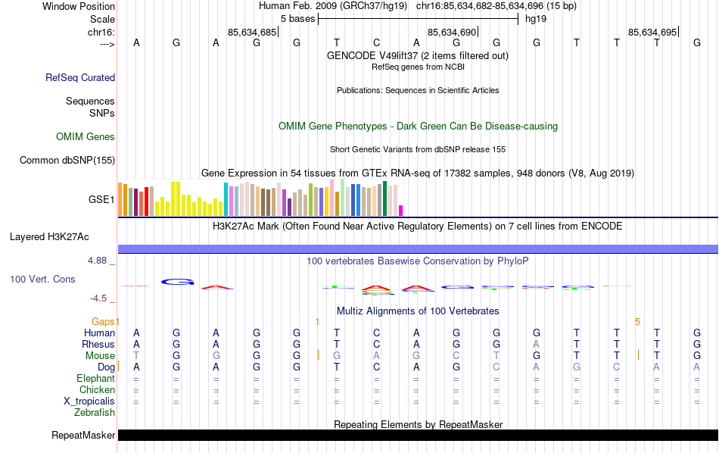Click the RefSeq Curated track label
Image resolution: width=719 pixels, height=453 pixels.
tap(80, 77)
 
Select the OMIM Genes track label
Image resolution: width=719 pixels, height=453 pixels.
tap(86, 137)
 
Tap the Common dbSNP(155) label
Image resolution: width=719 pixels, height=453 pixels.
tap(67, 160)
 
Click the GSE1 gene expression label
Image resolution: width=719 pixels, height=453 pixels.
tap(101, 200)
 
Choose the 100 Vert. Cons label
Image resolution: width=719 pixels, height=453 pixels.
tap(42, 280)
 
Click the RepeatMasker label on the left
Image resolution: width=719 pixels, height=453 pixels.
tap(83, 436)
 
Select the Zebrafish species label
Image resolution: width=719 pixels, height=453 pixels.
tap(95, 413)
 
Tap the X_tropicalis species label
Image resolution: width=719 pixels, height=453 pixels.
tap(89, 401)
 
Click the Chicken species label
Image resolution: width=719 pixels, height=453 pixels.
tap(97, 390)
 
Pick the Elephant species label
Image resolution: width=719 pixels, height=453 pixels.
tap(95, 379)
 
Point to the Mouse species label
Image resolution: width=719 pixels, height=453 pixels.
tap(100, 356)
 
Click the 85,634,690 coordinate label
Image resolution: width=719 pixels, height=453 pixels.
tap(452, 33)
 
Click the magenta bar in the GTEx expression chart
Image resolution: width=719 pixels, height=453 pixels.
tap(401, 210)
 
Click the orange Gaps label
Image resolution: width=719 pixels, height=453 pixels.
tap(104, 322)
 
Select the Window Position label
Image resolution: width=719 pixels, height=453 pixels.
tap(79, 6)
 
